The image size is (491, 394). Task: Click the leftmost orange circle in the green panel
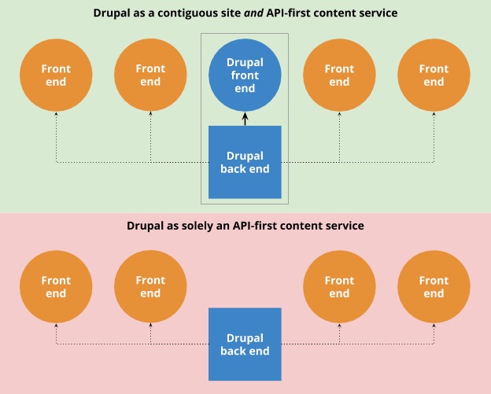pos(56,75)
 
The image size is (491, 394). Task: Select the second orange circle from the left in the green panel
pos(150,75)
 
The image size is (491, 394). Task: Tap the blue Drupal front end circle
pos(245,75)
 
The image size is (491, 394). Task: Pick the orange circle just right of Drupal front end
pos(339,75)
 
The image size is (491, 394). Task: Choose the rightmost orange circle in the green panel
pos(434,75)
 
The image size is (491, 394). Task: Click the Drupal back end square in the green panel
pos(245,162)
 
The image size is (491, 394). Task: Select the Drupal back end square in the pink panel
pos(245,344)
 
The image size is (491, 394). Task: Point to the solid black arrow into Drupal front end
pos(245,119)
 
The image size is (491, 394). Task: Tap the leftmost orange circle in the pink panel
pos(56,287)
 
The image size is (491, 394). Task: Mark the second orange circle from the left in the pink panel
pos(150,287)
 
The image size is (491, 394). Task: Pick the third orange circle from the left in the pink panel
pos(339,287)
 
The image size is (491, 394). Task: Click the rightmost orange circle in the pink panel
pos(434,287)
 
